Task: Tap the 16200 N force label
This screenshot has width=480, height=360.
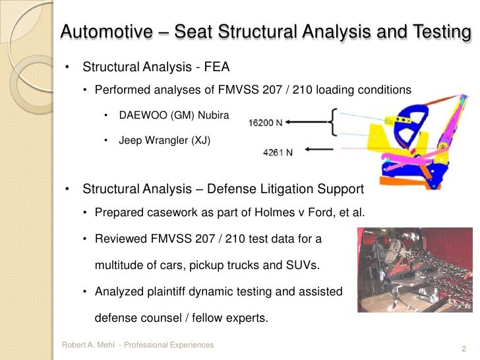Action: (x=268, y=122)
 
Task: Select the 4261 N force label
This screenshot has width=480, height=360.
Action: (x=278, y=151)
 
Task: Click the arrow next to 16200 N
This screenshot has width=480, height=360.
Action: (x=308, y=121)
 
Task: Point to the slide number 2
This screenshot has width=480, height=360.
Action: (x=465, y=348)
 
